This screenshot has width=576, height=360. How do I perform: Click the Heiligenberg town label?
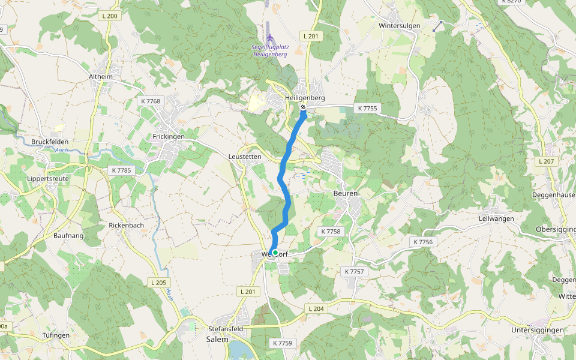click(x=305, y=98)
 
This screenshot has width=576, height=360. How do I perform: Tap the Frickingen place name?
click(x=168, y=137)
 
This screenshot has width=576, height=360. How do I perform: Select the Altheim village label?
click(x=100, y=77)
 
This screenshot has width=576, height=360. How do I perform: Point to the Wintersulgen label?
click(x=398, y=26)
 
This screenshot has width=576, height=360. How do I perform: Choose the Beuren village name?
click(x=346, y=194)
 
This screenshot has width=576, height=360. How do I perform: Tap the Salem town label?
click(x=218, y=339)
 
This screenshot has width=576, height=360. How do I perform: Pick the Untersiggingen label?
click(x=537, y=331)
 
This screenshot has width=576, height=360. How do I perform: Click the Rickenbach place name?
click(x=126, y=226)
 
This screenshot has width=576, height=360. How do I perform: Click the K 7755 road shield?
click(x=367, y=109)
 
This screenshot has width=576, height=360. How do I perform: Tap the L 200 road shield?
click(x=110, y=16)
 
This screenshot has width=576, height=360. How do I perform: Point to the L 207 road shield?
click(x=547, y=162)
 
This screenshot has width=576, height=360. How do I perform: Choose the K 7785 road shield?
click(x=121, y=170)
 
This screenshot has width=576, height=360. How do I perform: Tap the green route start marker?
click(x=274, y=253)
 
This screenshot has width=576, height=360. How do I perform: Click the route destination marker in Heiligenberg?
click(x=303, y=108)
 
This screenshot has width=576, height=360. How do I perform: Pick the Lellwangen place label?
click(x=496, y=219)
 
